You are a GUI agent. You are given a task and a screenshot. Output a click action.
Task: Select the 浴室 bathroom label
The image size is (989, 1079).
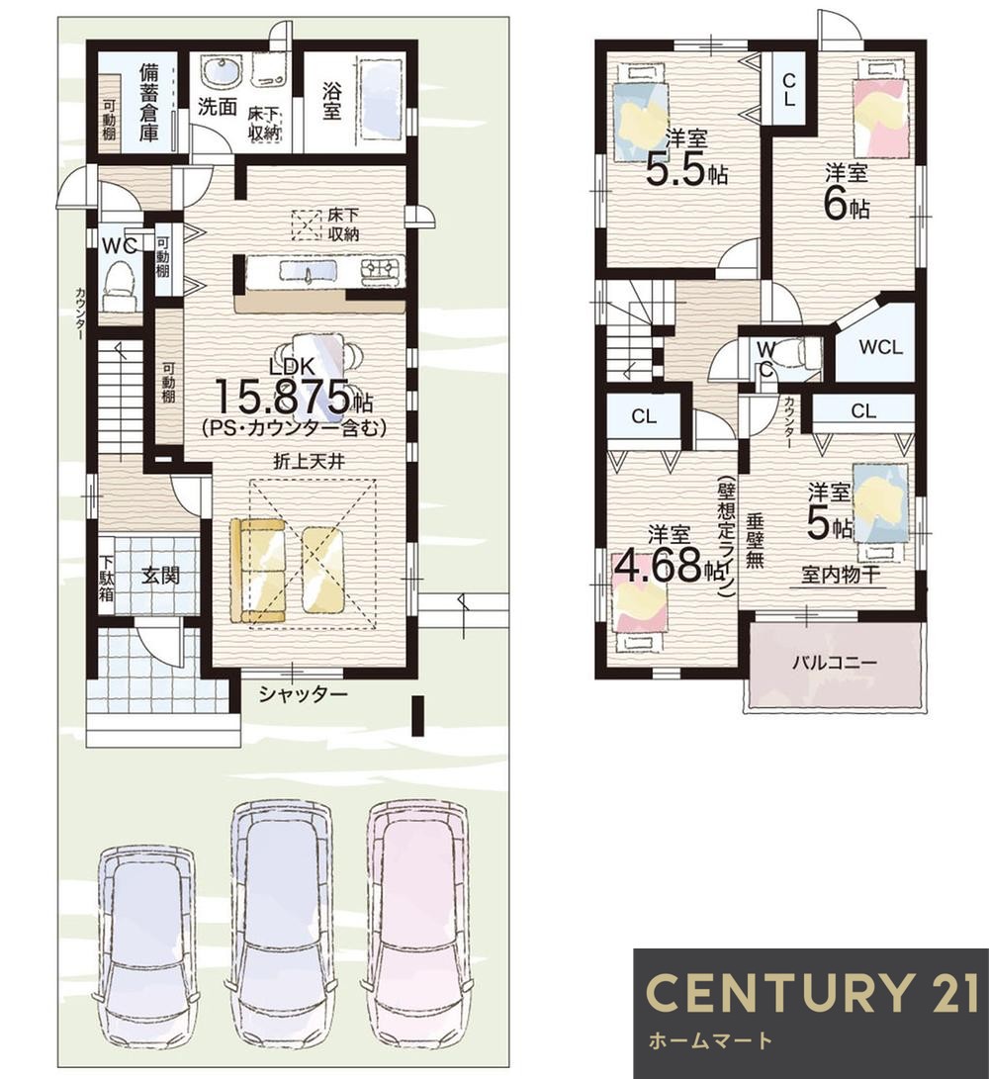point(331,101)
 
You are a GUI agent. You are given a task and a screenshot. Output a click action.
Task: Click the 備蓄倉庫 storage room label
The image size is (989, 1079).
point(148,102)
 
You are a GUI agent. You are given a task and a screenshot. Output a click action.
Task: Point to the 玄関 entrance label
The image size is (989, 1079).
point(160,575)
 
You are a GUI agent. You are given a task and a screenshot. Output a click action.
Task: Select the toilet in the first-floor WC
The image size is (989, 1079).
point(119,288)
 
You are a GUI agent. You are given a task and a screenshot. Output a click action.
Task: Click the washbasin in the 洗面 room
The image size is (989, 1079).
point(222,71)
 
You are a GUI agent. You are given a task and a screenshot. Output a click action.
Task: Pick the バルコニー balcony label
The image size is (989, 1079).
point(834,664)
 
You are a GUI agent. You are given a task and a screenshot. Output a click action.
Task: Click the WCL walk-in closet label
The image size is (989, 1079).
point(880,347)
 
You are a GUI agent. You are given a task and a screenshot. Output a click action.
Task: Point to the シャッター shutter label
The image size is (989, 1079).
point(303,695)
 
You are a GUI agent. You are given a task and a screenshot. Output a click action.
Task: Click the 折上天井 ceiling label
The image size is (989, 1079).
point(309,462)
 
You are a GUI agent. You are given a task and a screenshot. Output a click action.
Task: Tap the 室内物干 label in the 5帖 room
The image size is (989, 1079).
point(842,575)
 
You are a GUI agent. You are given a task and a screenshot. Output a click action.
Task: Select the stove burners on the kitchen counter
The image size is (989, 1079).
point(382,269)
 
